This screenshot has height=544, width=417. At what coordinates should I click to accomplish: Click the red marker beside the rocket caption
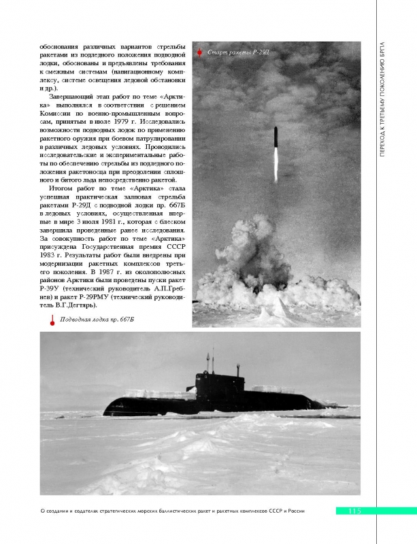198,52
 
